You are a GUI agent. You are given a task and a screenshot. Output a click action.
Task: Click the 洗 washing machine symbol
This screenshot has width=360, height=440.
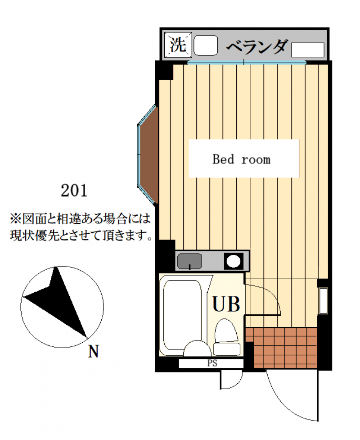[x=178, y=45]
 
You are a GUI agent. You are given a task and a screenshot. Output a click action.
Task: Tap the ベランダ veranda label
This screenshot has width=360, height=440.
[x=256, y=46]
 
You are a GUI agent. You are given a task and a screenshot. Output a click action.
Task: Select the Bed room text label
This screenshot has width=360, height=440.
[x=242, y=159]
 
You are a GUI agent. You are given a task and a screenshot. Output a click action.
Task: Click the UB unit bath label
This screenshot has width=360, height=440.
[x=226, y=304]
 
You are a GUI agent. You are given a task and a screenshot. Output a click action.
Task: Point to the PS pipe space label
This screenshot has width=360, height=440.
[x=211, y=363]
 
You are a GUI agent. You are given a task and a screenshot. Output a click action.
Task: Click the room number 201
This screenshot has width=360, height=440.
[x=73, y=191]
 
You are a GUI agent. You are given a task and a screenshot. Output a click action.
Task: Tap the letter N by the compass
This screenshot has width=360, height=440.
[x=93, y=351]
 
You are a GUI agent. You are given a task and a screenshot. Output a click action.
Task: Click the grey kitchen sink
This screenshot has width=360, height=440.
[x=189, y=260]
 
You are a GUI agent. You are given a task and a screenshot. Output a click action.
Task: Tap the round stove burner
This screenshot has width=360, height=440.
[x=233, y=261]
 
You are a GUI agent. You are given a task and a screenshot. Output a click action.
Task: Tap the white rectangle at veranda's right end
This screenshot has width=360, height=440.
[x=308, y=50]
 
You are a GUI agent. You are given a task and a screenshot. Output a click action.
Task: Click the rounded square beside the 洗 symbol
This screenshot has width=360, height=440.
[x=205, y=45]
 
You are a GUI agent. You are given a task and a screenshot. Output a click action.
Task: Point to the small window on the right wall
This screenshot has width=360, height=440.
[x=323, y=300]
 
